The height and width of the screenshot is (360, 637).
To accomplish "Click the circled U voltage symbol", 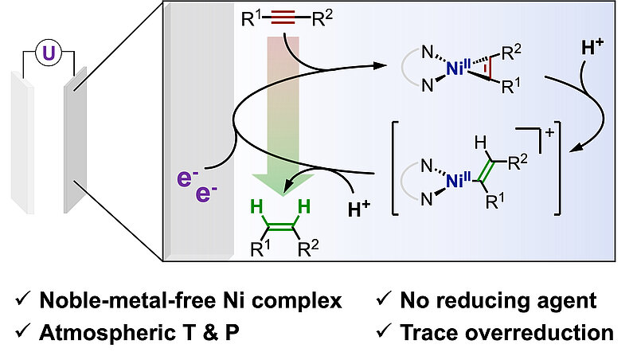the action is (49, 53).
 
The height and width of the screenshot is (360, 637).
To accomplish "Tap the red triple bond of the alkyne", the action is (283, 18).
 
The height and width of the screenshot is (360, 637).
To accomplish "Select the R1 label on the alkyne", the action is (252, 18).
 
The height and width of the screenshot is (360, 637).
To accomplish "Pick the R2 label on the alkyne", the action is (322, 18).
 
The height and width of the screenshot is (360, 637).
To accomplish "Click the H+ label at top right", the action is (592, 48).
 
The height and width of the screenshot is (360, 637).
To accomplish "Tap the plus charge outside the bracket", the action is (549, 133).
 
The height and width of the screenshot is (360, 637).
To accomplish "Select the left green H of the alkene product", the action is (257, 207).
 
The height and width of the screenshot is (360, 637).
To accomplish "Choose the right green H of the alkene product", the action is (304, 207).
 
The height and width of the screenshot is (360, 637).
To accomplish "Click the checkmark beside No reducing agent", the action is (384, 299).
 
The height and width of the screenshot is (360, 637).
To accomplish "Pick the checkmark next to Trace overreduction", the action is (384, 331).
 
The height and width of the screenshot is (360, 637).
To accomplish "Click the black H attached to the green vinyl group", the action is (481, 143).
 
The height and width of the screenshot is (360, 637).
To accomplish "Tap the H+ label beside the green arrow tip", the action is (359, 209).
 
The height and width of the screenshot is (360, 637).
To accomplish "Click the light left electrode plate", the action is (22, 143).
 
